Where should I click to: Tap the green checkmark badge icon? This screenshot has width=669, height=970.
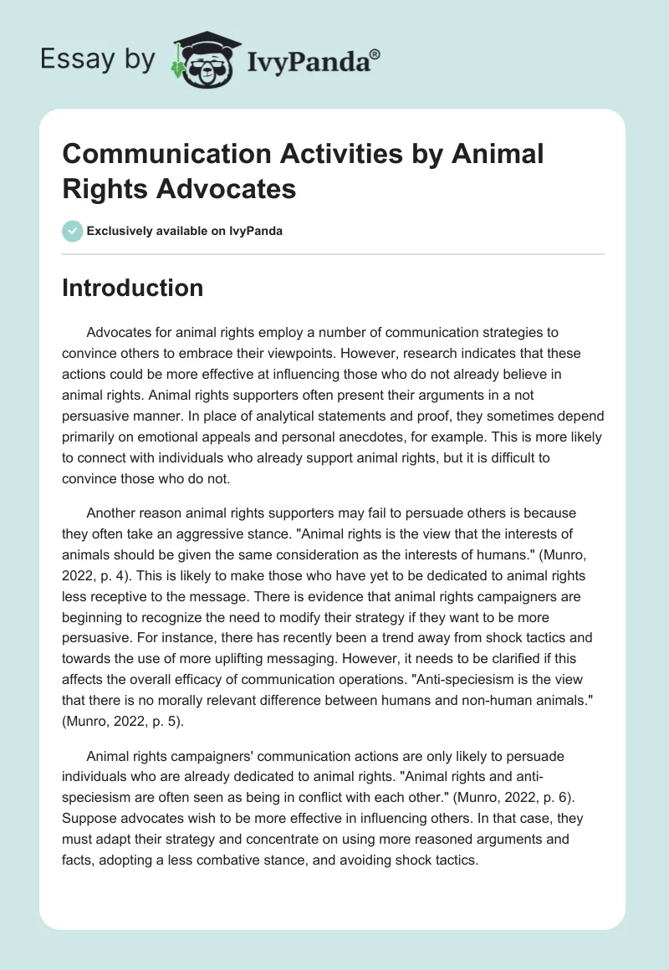tap(72, 231)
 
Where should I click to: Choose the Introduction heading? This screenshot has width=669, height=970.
tap(132, 288)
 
